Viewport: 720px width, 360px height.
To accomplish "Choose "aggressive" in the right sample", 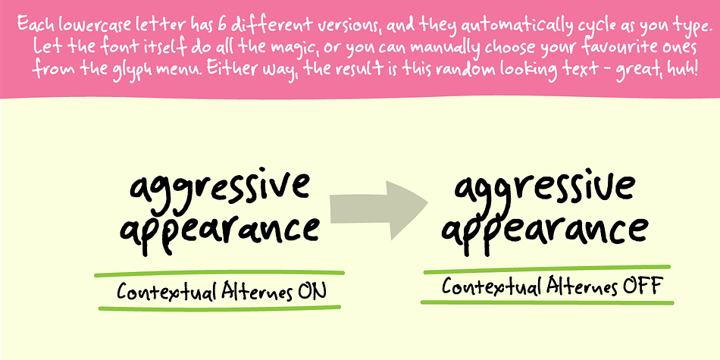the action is (x=544, y=189).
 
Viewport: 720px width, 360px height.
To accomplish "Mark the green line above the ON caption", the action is (x=219, y=274).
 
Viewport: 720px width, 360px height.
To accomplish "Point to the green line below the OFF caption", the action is (x=547, y=302).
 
